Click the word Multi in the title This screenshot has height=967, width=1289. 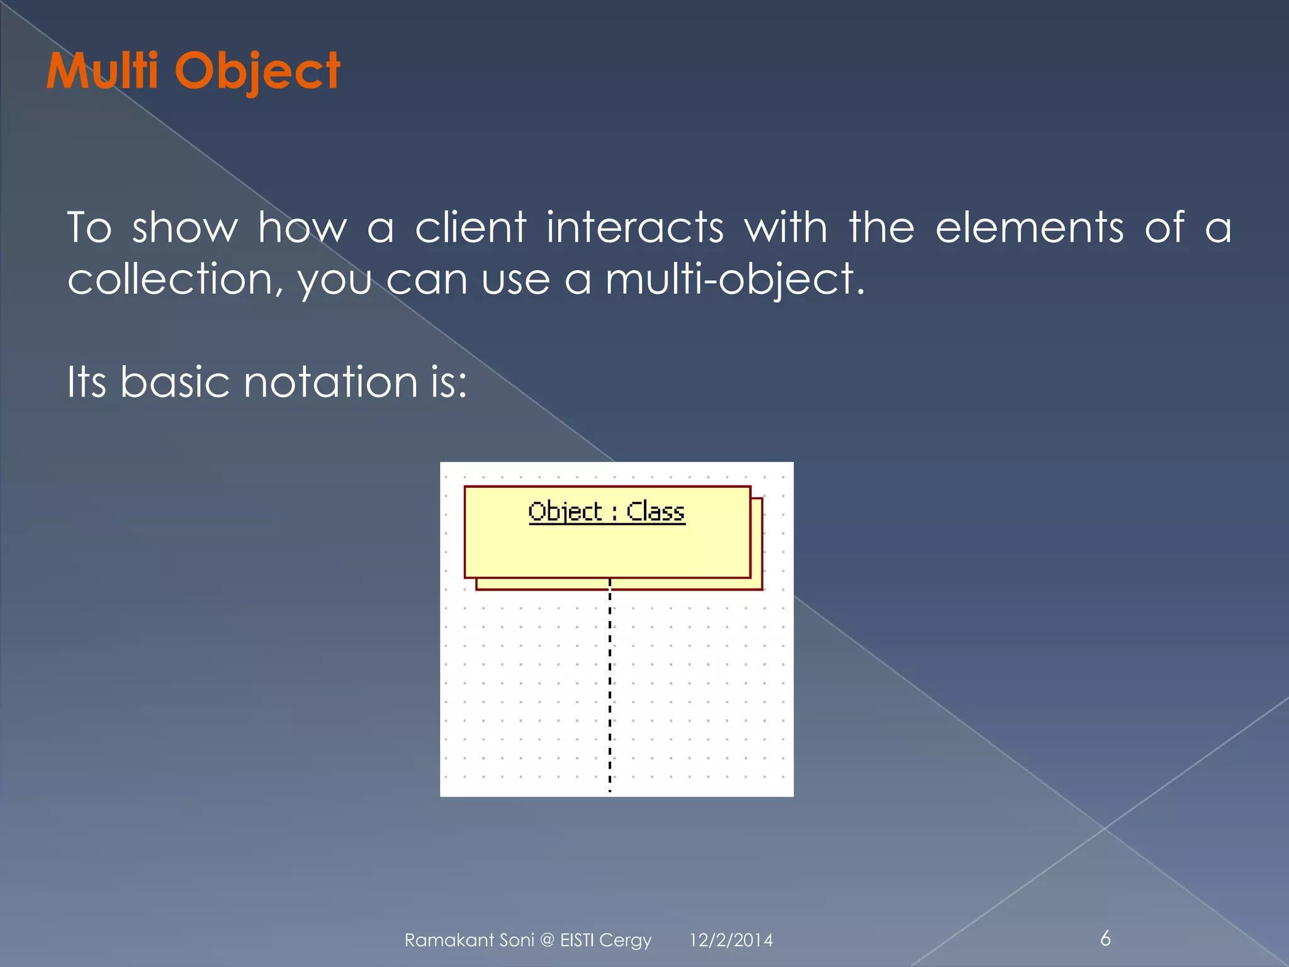102,71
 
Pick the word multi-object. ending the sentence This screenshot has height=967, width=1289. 735,280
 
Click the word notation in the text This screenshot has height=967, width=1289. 330,382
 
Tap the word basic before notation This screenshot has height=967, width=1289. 174,382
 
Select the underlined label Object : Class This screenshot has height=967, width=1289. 606,511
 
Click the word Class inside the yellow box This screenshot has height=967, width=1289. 655,511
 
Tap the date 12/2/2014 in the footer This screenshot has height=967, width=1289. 731,940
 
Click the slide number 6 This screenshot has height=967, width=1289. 1105,938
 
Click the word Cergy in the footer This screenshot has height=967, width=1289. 625,941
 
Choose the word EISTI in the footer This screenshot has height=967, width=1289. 577,940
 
